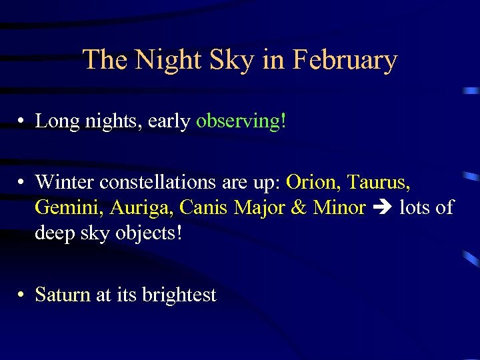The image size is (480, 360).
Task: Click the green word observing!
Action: [241, 121]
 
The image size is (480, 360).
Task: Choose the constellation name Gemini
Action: [69, 208]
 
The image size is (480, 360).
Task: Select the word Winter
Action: [64, 181]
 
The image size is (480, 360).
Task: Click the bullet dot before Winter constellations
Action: [22, 182]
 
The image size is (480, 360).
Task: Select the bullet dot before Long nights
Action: [22, 122]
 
